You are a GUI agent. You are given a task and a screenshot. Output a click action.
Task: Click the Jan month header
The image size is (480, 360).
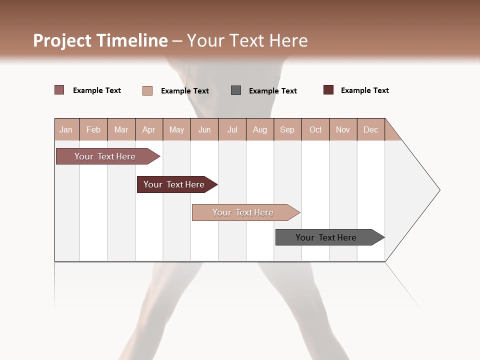coord(66,130)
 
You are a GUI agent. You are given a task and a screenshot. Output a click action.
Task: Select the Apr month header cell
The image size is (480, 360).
coord(149,130)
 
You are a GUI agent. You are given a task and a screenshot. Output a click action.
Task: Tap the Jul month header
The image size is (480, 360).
coord(232,130)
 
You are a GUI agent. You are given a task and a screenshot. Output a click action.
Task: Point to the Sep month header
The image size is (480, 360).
coord(287,130)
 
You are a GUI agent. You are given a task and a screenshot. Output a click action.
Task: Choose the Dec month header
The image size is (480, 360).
coord(371,130)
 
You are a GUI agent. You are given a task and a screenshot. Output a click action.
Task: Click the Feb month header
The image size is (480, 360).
coord(93,130)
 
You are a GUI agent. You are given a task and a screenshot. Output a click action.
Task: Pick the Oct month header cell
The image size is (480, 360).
coord(315,130)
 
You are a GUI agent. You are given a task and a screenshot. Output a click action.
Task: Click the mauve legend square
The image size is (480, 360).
coord(59,90)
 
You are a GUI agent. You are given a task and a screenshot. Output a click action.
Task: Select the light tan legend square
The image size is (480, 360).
coord(147,90)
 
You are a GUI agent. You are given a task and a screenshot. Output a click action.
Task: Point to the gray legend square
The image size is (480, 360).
coord(236,90)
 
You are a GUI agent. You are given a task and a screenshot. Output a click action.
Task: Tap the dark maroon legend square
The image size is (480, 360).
coord(328,90)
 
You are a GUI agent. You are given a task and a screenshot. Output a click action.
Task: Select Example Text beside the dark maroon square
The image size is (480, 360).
coord(364,90)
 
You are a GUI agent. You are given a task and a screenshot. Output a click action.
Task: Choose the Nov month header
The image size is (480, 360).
coord(343,130)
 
